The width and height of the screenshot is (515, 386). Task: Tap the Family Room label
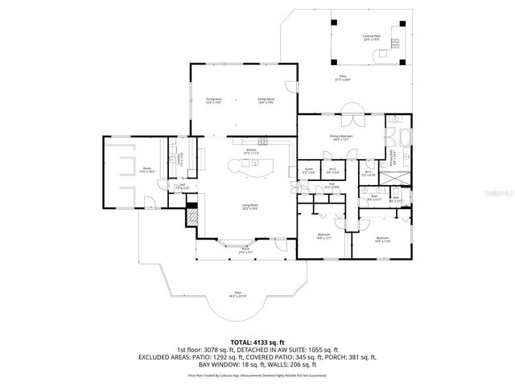pyautogui.click(x=267, y=100)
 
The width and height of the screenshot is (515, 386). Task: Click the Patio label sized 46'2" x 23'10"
pyautogui.click(x=238, y=294)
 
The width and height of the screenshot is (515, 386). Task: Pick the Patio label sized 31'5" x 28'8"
pyautogui.click(x=344, y=78)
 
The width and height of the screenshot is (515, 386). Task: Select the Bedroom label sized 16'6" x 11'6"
pyautogui.click(x=382, y=238)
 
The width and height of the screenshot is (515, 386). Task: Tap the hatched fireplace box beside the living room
pyautogui.click(x=192, y=216)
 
